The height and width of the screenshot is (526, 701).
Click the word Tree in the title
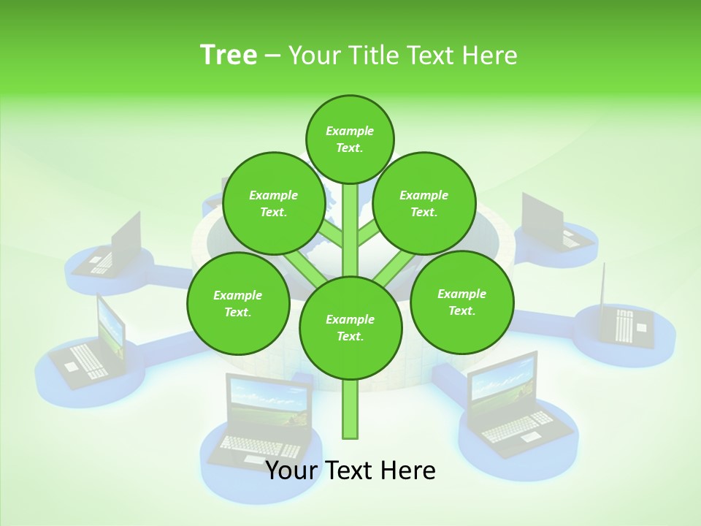(x=229, y=55)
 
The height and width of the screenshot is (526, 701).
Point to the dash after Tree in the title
(x=272, y=56)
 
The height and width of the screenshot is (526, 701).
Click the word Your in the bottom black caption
(x=291, y=470)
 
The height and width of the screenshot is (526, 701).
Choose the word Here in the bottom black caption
(x=408, y=470)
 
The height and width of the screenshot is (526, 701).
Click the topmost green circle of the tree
(x=350, y=139)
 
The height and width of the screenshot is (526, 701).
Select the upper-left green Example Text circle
(x=273, y=203)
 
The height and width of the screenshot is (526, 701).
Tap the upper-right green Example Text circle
(x=424, y=203)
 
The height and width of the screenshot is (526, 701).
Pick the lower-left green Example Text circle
(x=237, y=303)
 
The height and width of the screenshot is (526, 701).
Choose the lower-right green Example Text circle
(x=461, y=302)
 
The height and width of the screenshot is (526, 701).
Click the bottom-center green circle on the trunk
(x=350, y=327)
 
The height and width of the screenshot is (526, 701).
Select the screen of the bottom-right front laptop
(x=502, y=385)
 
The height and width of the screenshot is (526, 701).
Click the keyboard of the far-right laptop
(x=624, y=325)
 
